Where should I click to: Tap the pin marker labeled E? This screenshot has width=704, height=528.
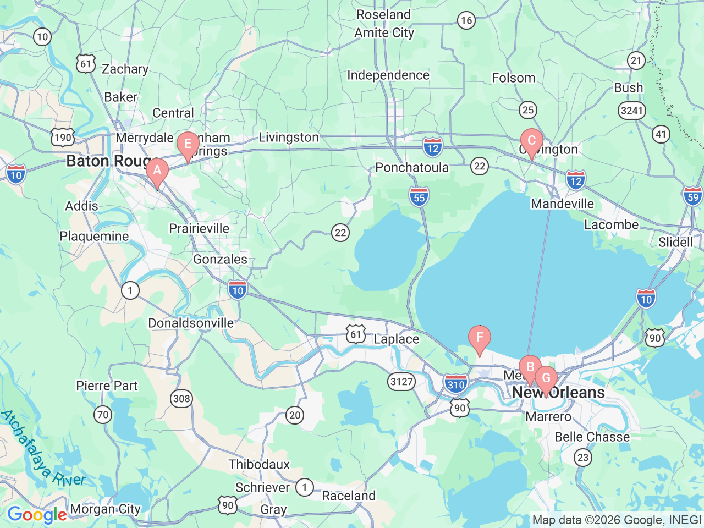click(188, 145)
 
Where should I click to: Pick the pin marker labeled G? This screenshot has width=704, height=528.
click(546, 378)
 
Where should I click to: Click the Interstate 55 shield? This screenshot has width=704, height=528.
click(419, 197)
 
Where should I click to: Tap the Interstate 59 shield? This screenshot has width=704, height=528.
click(692, 196)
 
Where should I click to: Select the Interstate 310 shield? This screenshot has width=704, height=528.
click(456, 384)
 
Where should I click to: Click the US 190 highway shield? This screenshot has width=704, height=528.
click(63, 137)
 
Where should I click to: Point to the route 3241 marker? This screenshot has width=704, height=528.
click(631, 111)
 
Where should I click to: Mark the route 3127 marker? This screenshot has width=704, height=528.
click(401, 381)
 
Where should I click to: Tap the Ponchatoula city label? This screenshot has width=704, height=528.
click(412, 168)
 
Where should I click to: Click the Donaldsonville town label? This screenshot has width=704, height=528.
click(191, 323)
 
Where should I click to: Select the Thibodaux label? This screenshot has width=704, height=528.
click(259, 464)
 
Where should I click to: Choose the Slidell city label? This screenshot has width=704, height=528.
click(675, 243)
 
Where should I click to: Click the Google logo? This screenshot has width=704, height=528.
click(37, 515)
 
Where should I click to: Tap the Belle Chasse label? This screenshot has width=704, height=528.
click(592, 437)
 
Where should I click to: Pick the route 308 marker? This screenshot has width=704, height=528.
click(182, 399)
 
